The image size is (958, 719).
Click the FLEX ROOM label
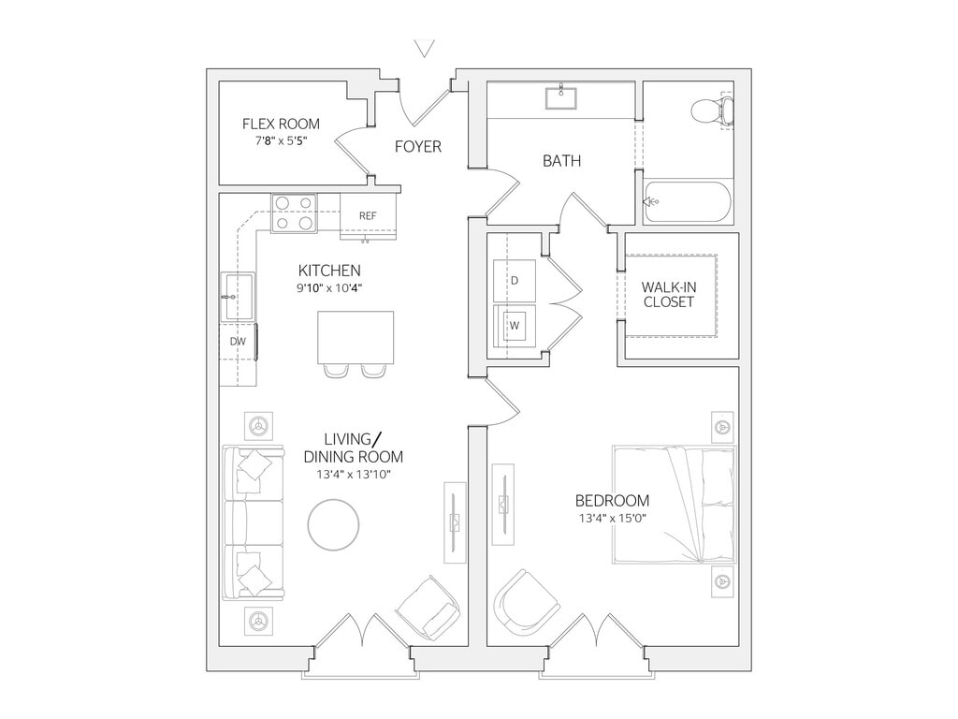[281, 124]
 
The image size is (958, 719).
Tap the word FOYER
[417, 147]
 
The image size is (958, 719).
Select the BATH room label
[561, 161]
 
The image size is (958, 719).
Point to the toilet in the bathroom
[713, 111]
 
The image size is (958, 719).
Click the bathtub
[688, 201]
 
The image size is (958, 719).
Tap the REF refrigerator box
[368, 215]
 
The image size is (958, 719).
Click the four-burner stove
[294, 213]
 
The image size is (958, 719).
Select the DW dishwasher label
[238, 342]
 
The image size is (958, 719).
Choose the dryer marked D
[514, 280]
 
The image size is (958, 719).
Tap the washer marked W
[514, 326]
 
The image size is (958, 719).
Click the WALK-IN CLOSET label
[668, 294]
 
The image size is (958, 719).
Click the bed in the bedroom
[674, 506]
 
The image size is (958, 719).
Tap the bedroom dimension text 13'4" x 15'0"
[612, 519]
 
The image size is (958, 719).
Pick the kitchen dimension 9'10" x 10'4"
[329, 288]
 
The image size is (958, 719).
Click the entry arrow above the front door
[427, 47]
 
